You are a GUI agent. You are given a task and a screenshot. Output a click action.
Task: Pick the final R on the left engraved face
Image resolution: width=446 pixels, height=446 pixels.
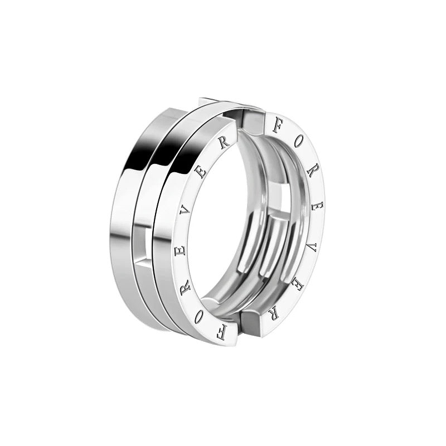click(x=224, y=144)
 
